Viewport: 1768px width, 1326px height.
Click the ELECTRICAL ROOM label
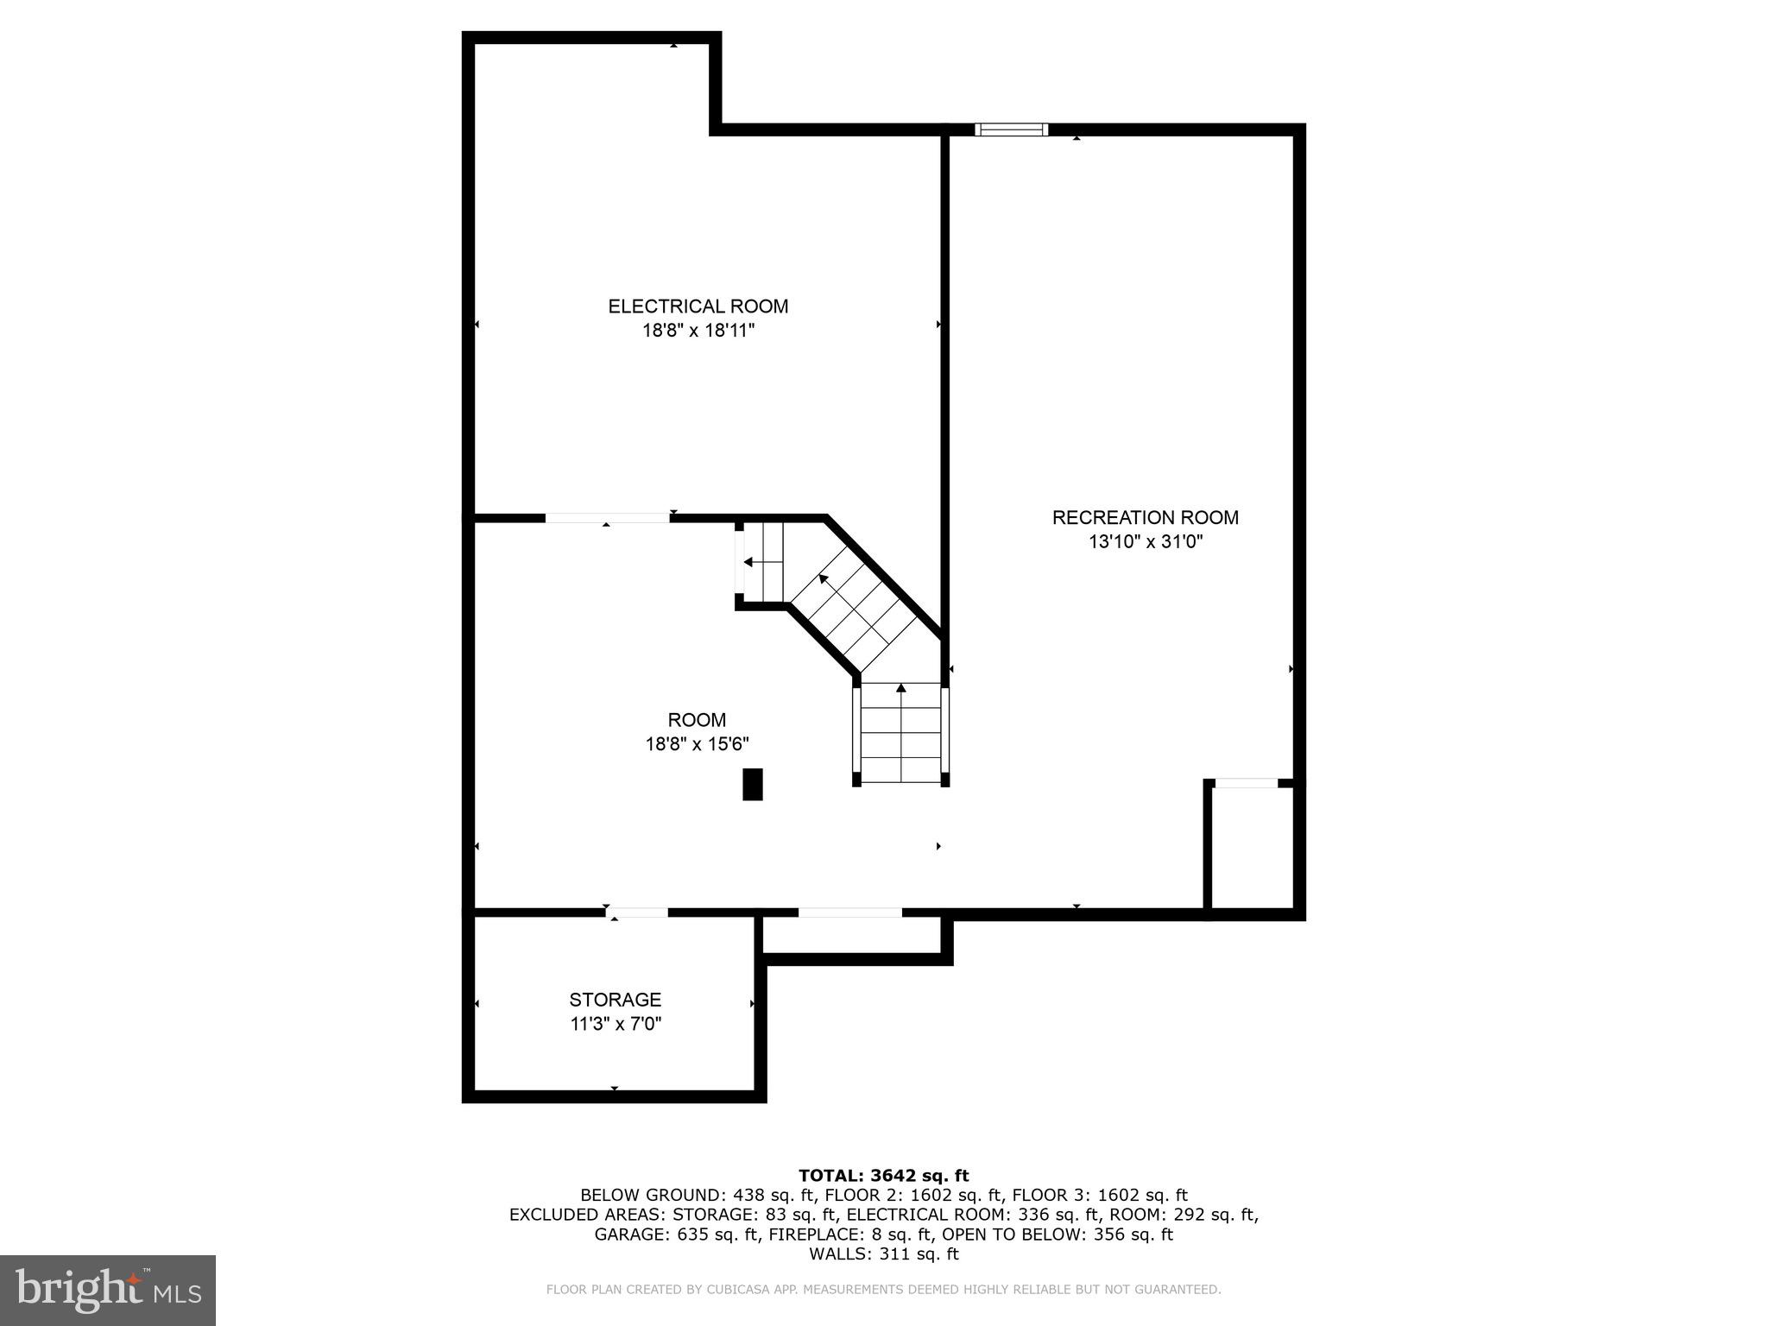tap(698, 306)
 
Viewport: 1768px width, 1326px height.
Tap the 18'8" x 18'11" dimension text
tap(698, 331)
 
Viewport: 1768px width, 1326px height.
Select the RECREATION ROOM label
tap(1145, 518)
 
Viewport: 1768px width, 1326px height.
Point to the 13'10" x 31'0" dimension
tap(1145, 542)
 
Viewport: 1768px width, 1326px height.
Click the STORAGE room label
tap(615, 1000)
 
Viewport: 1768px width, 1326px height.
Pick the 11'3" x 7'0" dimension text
tap(615, 1025)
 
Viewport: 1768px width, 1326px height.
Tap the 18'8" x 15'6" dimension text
tap(697, 744)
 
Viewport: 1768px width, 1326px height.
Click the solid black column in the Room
tap(753, 784)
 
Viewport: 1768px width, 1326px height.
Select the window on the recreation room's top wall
tap(1011, 129)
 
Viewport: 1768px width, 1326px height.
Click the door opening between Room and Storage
tap(637, 912)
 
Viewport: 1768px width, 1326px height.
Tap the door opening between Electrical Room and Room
tap(607, 518)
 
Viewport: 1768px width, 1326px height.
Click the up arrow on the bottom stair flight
tap(901, 688)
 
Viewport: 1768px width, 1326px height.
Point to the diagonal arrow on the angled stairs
tap(824, 578)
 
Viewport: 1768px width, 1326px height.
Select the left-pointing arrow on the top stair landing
tap(748, 562)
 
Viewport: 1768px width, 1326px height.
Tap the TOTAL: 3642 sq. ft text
tap(883, 1175)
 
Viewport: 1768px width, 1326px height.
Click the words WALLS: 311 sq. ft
tap(883, 1253)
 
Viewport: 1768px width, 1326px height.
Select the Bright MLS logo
tap(108, 1290)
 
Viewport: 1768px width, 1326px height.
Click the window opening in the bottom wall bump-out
tap(849, 912)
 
